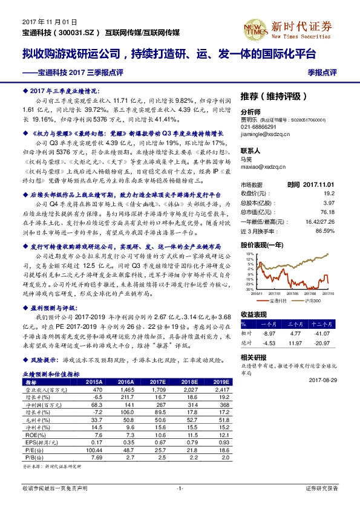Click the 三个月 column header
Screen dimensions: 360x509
(299, 323)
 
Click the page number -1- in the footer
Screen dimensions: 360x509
(180, 487)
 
